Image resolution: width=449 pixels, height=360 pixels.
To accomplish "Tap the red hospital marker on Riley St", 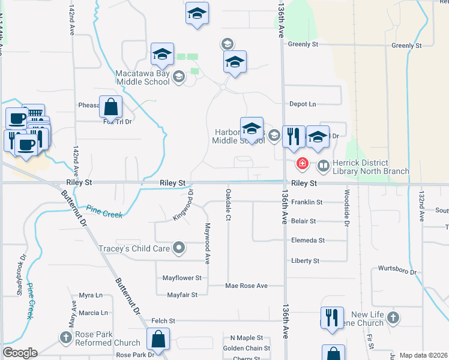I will [303, 163].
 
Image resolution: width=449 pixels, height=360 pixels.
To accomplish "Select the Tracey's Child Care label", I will [134, 248].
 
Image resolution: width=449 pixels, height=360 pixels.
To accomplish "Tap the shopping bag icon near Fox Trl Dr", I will [111, 108].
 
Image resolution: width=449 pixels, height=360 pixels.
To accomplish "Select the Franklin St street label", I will [307, 203].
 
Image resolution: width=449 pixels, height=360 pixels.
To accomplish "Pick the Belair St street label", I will [304, 221].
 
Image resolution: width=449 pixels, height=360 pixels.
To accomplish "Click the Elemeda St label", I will [307, 241].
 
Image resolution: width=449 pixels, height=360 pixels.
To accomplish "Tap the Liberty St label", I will [305, 261].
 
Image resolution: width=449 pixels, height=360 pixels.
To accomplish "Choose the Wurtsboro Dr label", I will [397, 271].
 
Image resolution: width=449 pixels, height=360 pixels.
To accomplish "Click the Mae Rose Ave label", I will [246, 286].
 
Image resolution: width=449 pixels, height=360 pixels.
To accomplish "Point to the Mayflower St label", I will [182, 278].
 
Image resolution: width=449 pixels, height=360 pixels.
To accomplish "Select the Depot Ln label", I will [303, 104].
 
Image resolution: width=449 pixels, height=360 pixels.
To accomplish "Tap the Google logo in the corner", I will [19, 353].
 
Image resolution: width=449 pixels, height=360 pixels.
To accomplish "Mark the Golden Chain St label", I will [246, 349].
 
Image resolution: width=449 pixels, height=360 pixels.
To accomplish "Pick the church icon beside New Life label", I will [393, 318].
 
